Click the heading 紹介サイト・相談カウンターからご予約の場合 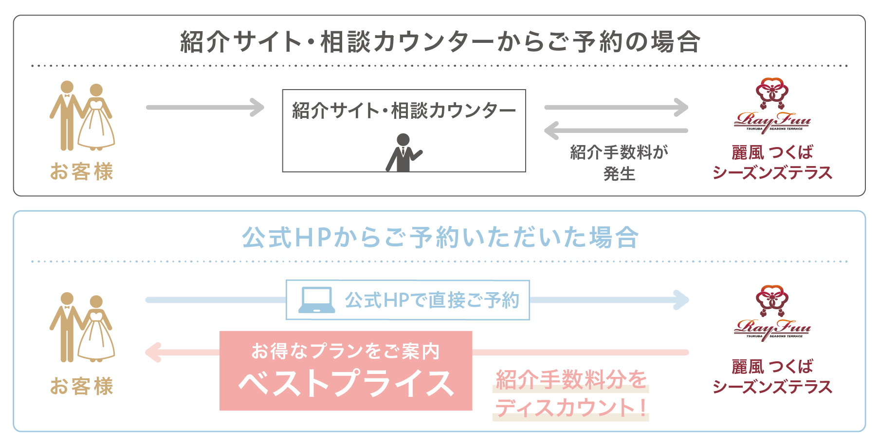tap(440, 41)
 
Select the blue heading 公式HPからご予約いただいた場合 tap(440, 238)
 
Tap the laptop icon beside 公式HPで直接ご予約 tap(316, 300)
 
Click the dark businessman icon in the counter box tap(404, 152)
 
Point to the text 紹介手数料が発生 tap(619, 163)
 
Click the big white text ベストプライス tap(346, 383)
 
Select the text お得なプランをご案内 tap(346, 351)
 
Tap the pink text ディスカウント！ tap(571, 407)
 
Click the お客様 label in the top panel tap(82, 172)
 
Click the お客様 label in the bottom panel tap(82, 386)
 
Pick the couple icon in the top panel tap(82, 116)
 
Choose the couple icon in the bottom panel tap(82, 327)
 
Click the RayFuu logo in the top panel tap(772, 106)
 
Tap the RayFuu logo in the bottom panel tap(772, 313)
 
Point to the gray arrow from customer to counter tap(205, 107)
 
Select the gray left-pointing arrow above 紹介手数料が tap(616, 130)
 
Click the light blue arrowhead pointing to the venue tap(681, 300)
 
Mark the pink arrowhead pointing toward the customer tap(153, 352)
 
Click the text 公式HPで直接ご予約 tap(432, 300)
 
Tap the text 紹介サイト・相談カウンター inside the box tap(404, 111)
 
